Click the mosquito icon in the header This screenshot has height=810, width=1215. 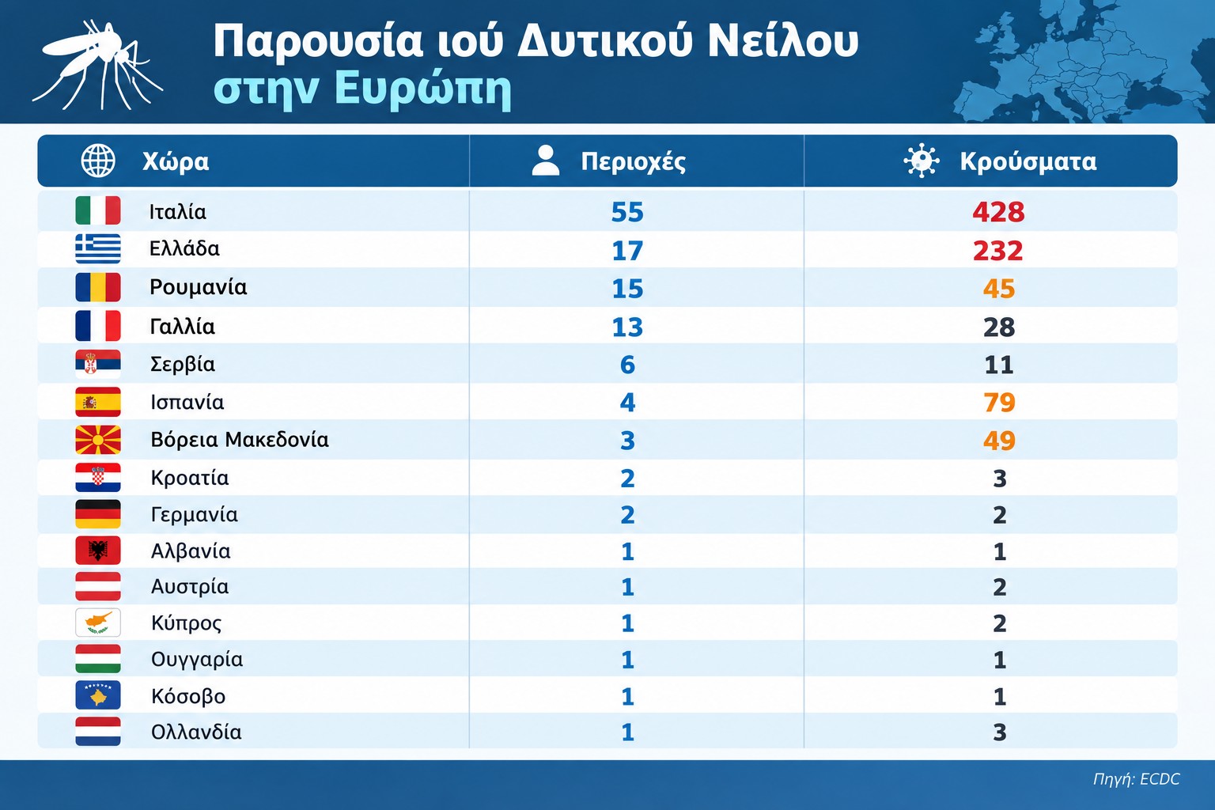point(97,65)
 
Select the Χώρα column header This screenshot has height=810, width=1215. point(176,161)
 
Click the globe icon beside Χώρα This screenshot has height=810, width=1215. point(98,161)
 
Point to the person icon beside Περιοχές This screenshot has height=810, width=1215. point(546,161)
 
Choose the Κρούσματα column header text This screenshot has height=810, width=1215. point(1028,161)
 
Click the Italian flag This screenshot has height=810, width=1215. point(98,210)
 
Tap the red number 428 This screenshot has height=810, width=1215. point(998,211)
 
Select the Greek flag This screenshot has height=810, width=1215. point(98,248)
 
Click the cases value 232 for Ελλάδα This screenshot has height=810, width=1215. point(998,251)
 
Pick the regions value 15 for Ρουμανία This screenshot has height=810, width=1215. point(627,289)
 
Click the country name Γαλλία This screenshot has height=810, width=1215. point(182,327)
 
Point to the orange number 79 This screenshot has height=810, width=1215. point(999,403)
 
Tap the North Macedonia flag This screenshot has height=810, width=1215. point(98,440)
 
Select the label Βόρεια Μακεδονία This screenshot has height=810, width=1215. point(240,440)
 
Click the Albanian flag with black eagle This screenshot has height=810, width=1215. point(98,551)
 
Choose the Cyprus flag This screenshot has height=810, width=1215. point(98,623)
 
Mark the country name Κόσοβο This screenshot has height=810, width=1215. point(188,696)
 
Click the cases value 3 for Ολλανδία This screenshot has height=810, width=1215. point(1000,732)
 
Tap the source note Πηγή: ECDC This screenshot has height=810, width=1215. point(1137,779)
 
